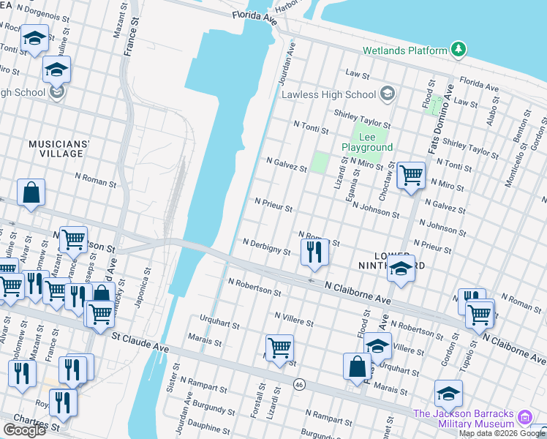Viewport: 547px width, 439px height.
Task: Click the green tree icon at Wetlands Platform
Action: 459,50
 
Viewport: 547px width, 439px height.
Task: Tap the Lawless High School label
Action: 328,94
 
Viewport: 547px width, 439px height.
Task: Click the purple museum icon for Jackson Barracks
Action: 524,418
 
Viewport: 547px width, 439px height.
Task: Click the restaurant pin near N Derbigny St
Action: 314,252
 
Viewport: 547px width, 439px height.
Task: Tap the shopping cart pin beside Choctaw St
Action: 411,175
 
